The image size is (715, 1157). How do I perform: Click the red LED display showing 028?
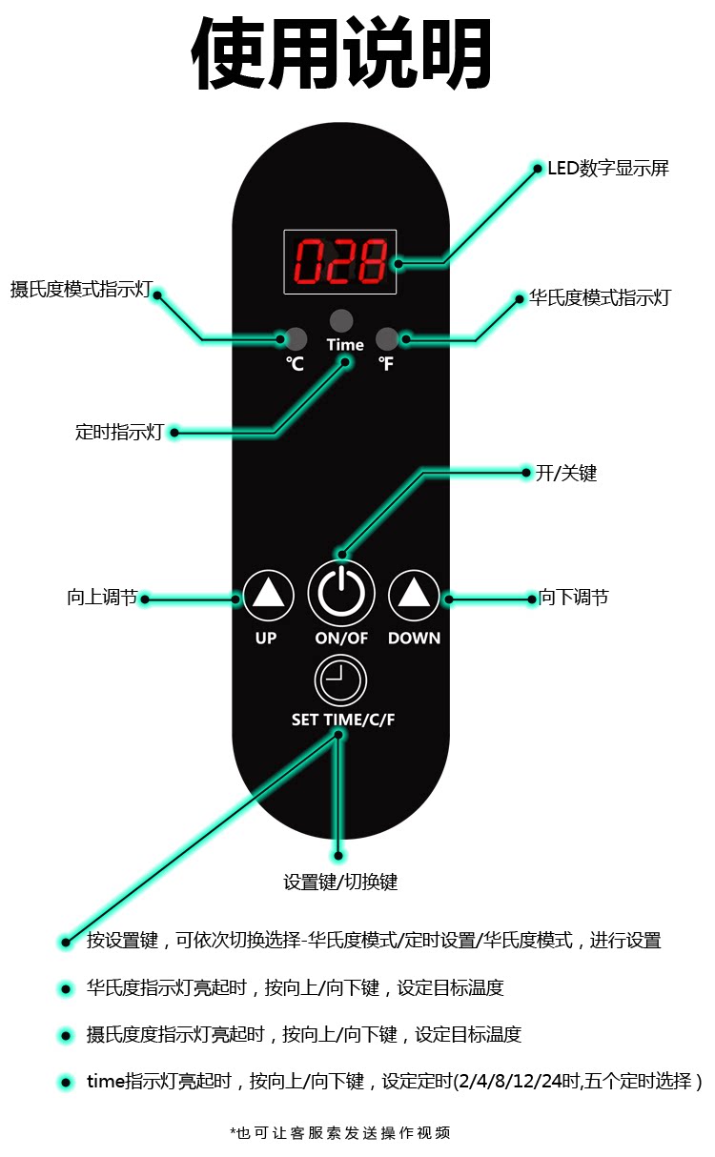click(x=340, y=261)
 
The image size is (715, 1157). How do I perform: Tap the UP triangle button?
click(x=269, y=596)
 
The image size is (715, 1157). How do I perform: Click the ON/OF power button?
click(x=341, y=594)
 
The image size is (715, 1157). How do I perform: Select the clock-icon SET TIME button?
click(x=340, y=680)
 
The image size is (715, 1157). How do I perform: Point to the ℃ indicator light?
click(x=296, y=338)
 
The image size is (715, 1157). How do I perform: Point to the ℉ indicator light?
click(x=386, y=338)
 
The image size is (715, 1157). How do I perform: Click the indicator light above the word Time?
click(x=341, y=320)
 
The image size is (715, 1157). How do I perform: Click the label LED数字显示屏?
click(x=607, y=169)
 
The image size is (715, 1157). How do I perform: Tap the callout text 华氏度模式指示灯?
click(x=600, y=297)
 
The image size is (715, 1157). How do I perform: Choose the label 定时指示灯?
click(x=119, y=432)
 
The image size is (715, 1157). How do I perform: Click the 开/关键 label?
click(x=565, y=472)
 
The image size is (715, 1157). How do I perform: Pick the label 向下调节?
click(x=573, y=598)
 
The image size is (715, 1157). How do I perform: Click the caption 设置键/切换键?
click(x=340, y=882)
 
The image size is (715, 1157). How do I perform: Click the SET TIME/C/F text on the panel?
click(x=342, y=720)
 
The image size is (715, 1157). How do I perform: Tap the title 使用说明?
click(x=342, y=54)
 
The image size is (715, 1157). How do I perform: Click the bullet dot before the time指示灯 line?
click(x=66, y=1082)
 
